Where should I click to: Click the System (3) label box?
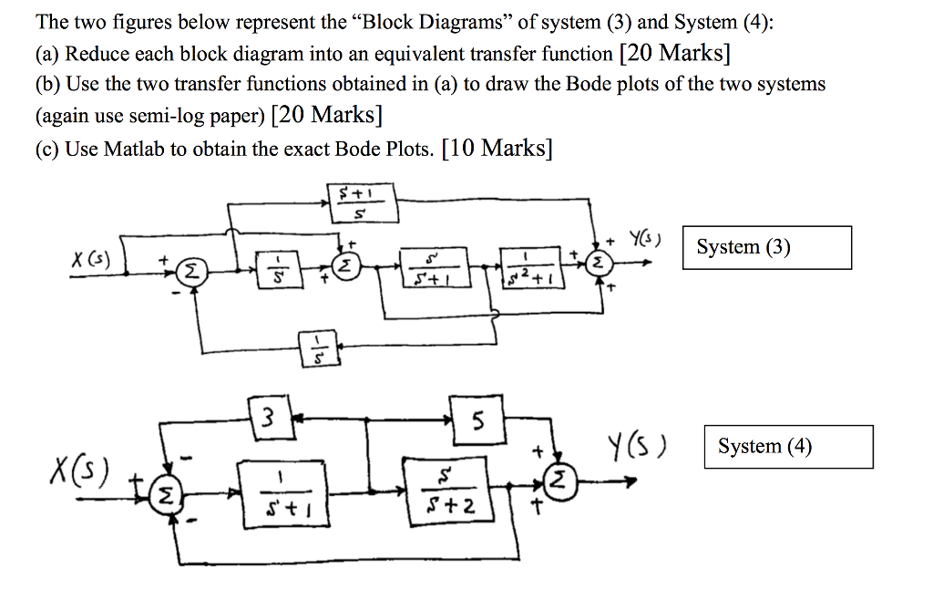[766, 247]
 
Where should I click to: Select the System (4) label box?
[788, 447]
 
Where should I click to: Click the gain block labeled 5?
[477, 419]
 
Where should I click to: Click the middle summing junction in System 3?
[347, 267]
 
